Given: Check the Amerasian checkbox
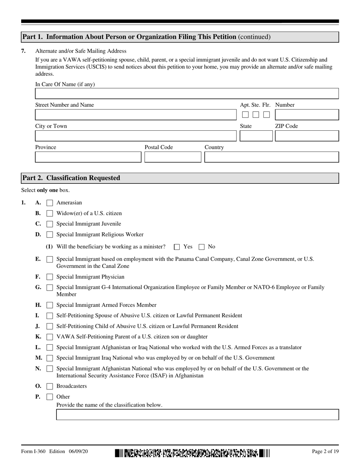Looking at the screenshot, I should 50,203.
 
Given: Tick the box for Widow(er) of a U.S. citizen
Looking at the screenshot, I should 50,214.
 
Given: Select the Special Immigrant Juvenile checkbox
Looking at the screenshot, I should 50,224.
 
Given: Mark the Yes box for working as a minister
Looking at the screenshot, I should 177,247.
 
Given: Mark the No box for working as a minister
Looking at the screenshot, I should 202,247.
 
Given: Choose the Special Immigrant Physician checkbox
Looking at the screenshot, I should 50,277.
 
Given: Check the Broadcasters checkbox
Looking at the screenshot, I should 50,386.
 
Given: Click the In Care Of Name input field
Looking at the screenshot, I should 186,94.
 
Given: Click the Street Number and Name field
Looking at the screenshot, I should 136,115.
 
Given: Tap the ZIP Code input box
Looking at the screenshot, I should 307,136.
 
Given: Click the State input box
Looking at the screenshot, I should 256,136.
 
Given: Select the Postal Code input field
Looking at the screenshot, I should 173,157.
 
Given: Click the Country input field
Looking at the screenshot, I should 271,157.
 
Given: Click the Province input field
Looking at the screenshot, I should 88,157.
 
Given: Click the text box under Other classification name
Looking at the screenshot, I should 197,414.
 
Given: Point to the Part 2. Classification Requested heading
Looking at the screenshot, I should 71,178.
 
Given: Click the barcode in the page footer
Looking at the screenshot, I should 193,453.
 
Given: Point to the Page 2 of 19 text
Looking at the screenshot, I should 325,452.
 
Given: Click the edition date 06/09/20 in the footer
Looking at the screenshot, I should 78,452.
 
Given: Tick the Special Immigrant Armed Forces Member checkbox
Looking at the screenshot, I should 50,305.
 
